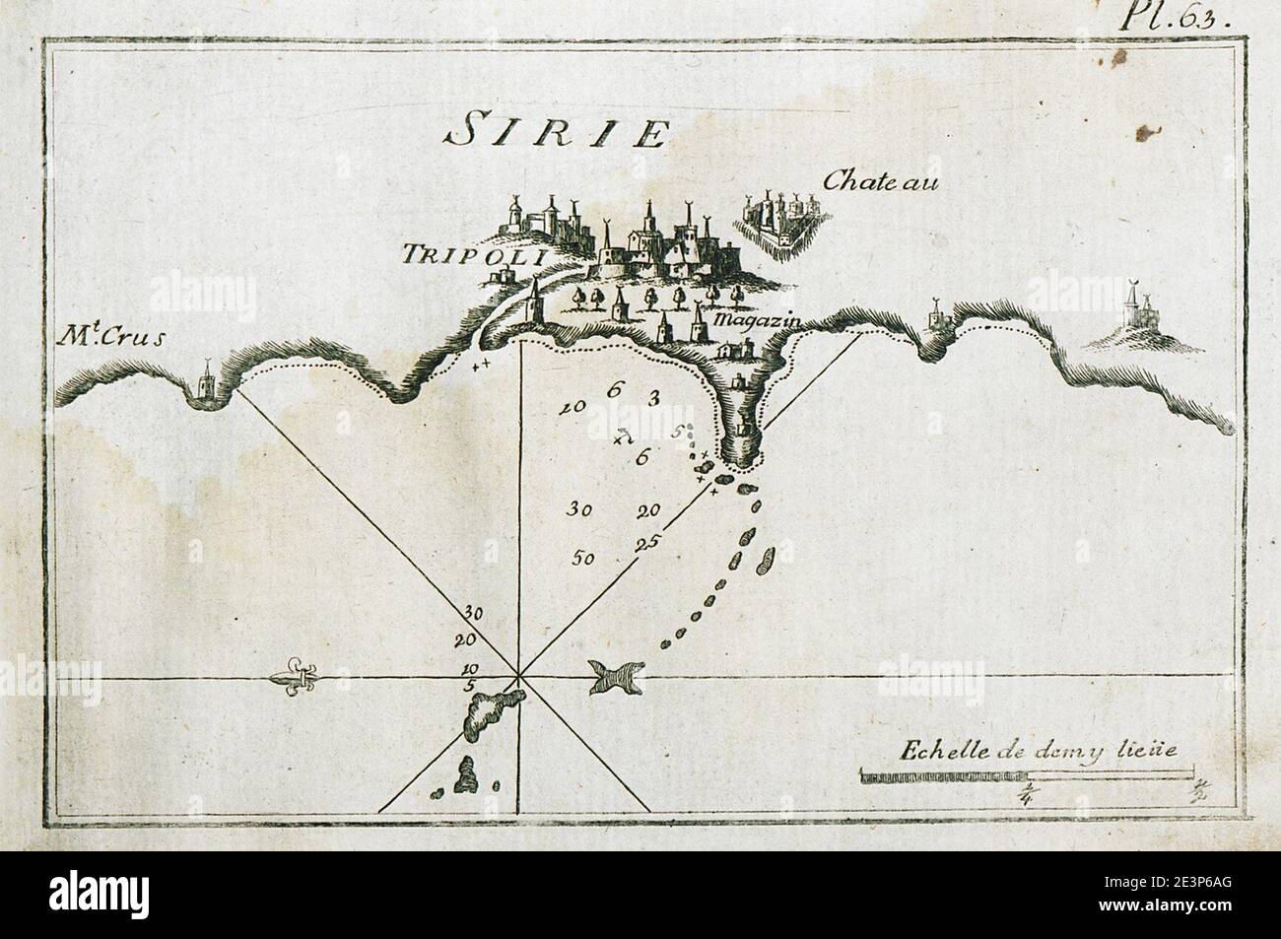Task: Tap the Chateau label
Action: (868, 180)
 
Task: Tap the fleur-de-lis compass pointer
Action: (294, 678)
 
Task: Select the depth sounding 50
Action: (583, 558)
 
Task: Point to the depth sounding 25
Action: (647, 542)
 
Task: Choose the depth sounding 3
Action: (652, 398)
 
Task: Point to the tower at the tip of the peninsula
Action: (741, 431)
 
